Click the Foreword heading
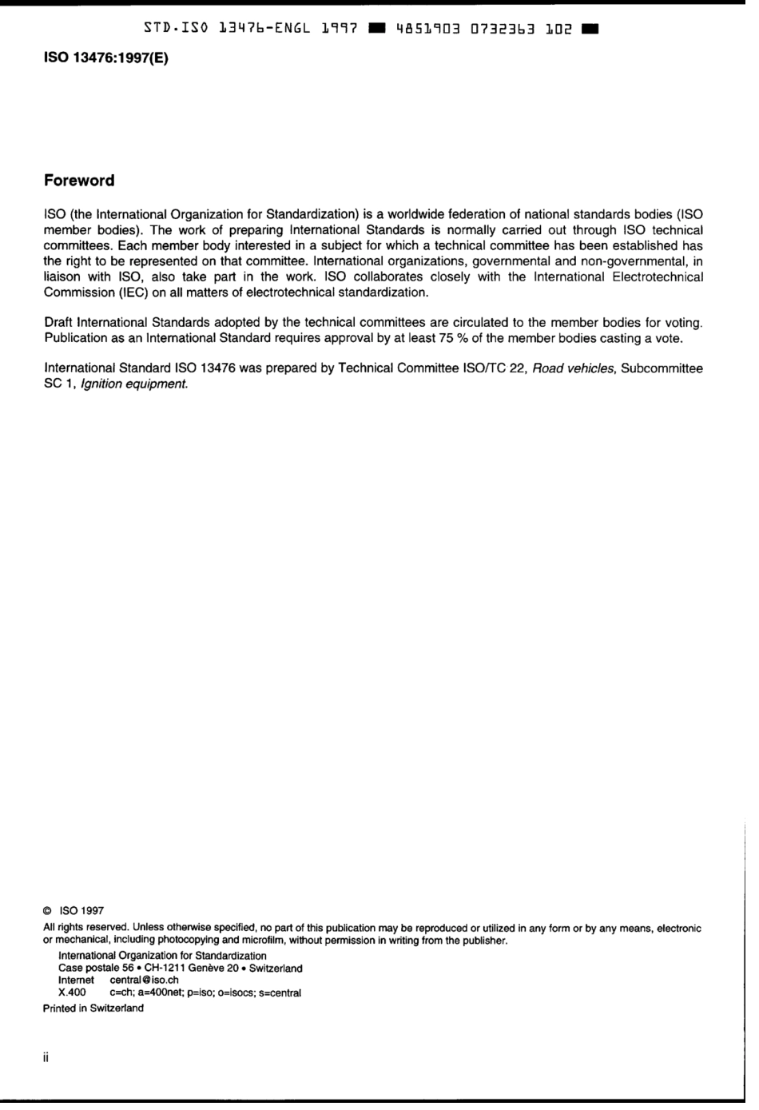click(79, 181)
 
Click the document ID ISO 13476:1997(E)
click(106, 59)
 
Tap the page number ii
click(46, 1058)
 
